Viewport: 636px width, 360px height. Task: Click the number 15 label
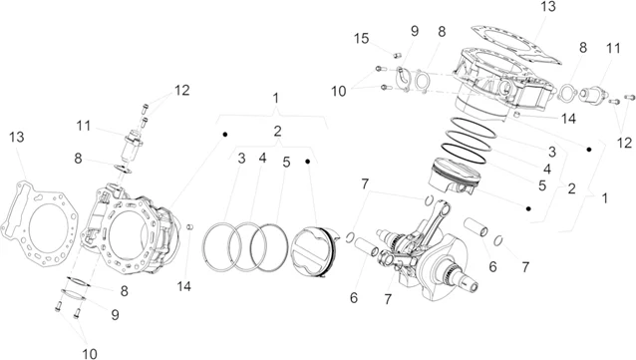pos(361,39)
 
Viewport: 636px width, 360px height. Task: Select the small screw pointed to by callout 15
pos(397,55)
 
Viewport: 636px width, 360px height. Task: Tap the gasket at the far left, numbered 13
pos(39,224)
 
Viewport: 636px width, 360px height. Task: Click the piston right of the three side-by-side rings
pos(314,252)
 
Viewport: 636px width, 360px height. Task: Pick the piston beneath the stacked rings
pos(455,176)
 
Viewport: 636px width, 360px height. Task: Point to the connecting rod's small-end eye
pos(445,208)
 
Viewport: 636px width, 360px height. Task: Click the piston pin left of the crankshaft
pos(366,247)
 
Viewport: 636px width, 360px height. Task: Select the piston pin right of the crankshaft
pos(476,226)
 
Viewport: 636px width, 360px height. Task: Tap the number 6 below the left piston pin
pos(354,298)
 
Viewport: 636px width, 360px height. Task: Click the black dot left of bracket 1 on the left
pos(224,135)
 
